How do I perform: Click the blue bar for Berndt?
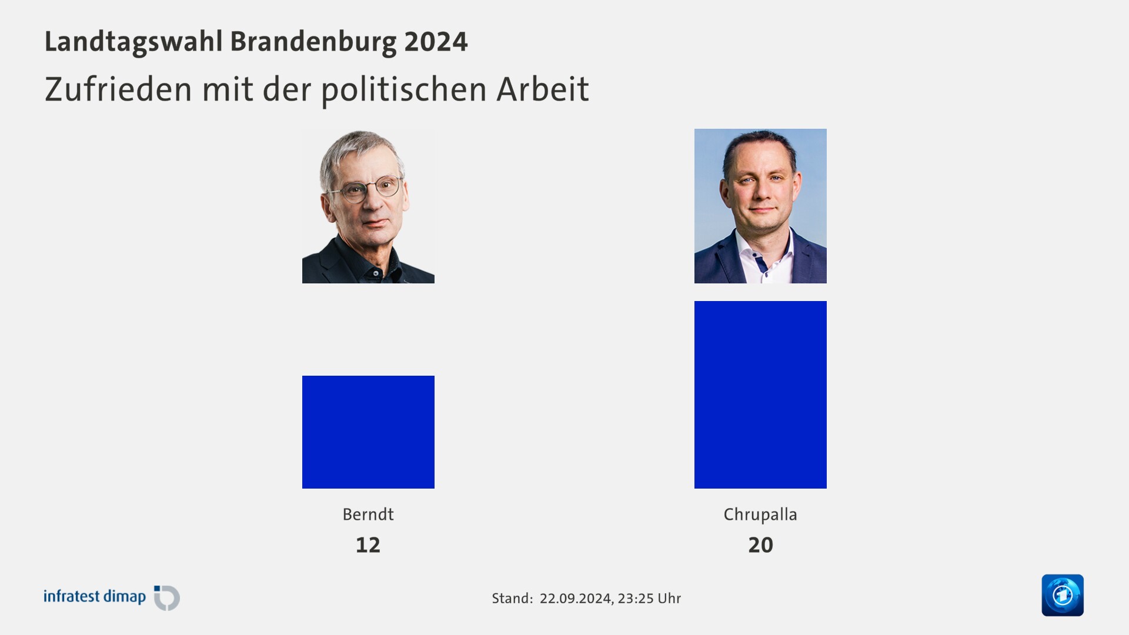tap(368, 432)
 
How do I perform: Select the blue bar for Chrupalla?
tap(760, 395)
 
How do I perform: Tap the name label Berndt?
tap(368, 514)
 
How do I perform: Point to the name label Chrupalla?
tap(760, 514)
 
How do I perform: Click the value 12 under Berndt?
tap(368, 545)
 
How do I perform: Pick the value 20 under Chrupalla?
tap(760, 545)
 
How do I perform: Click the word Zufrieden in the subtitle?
tap(118, 89)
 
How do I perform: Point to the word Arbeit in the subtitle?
tap(542, 89)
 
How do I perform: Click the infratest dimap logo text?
tap(95, 597)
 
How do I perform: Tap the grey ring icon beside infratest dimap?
tap(168, 598)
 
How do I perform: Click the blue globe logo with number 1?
tap(1063, 595)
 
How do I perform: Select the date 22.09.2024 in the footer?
tap(575, 599)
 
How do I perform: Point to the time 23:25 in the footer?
tap(636, 599)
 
